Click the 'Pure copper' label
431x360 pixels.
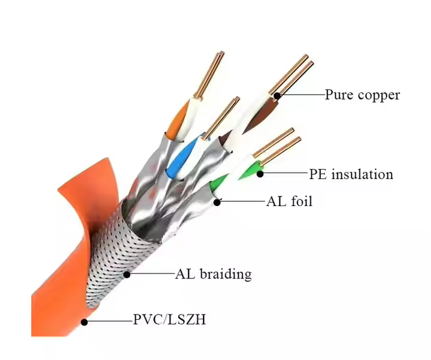click(362, 95)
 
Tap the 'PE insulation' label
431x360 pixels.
click(351, 174)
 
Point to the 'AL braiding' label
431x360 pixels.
click(213, 274)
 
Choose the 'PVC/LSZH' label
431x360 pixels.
click(169, 320)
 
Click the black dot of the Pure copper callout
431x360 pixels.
click(277, 95)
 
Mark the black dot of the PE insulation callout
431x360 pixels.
click(260, 174)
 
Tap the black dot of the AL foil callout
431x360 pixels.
click(217, 202)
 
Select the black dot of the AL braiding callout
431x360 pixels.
click(127, 274)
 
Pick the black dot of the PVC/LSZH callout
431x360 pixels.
click(84, 322)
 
